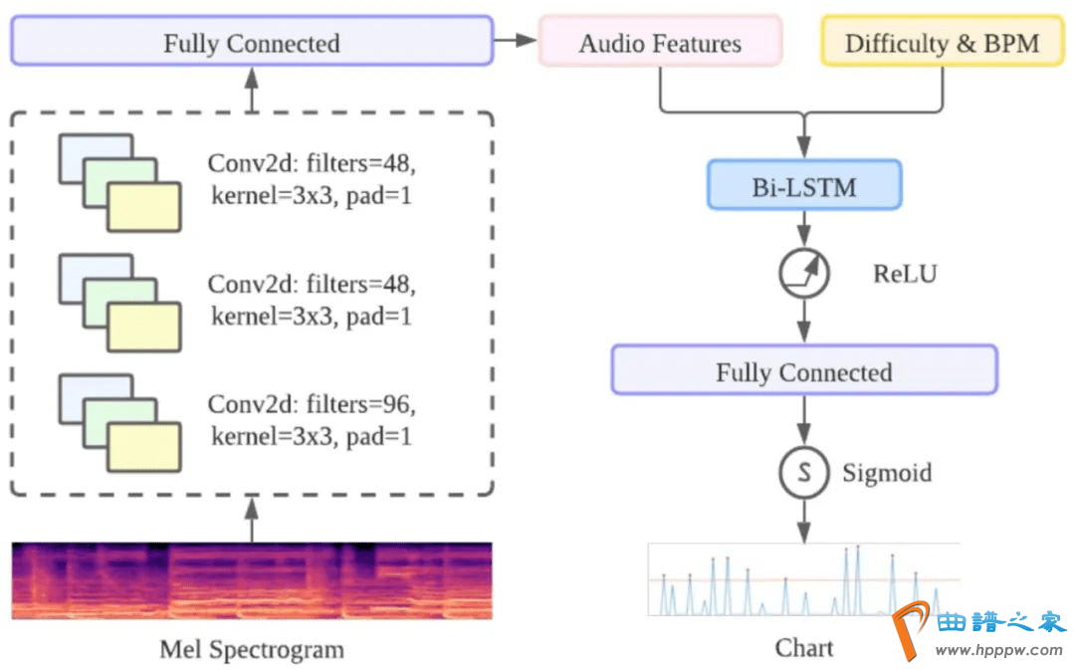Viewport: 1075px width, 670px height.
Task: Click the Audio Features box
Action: (x=660, y=43)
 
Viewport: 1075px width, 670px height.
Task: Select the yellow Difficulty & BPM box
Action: (x=942, y=43)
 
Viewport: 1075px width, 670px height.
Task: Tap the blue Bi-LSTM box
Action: (x=804, y=185)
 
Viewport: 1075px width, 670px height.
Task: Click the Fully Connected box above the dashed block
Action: (x=251, y=42)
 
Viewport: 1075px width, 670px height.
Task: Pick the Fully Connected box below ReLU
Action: (x=803, y=371)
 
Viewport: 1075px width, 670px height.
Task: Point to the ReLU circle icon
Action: (x=803, y=272)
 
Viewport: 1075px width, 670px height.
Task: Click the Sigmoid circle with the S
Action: (x=803, y=473)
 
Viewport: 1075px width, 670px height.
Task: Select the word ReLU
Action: (x=905, y=274)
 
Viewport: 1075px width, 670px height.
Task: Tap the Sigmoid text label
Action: (x=887, y=472)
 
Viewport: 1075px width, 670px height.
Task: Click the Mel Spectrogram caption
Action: (x=252, y=650)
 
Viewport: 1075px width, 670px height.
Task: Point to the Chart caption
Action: (x=803, y=648)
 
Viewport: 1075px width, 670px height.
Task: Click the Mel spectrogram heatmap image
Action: (x=252, y=580)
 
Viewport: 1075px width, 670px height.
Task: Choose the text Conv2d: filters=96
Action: (x=312, y=405)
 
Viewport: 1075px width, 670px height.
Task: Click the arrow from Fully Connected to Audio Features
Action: (x=516, y=41)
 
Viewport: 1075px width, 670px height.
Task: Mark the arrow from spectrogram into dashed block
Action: (x=251, y=521)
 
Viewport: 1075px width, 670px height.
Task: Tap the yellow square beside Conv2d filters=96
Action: (x=143, y=447)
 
